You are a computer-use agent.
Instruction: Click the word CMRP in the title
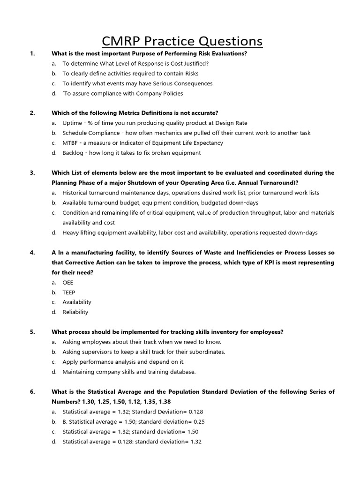(126, 41)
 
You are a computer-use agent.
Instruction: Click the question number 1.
(32, 53)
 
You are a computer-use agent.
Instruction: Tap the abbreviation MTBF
(71, 143)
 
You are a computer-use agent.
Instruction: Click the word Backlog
(74, 153)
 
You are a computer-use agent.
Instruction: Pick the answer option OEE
(68, 283)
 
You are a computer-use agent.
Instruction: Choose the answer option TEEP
(68, 292)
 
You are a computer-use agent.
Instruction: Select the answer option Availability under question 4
(77, 302)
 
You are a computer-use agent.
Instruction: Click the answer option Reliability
(75, 312)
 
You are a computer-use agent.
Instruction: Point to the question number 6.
(32, 391)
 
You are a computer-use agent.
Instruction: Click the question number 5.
(32, 332)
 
